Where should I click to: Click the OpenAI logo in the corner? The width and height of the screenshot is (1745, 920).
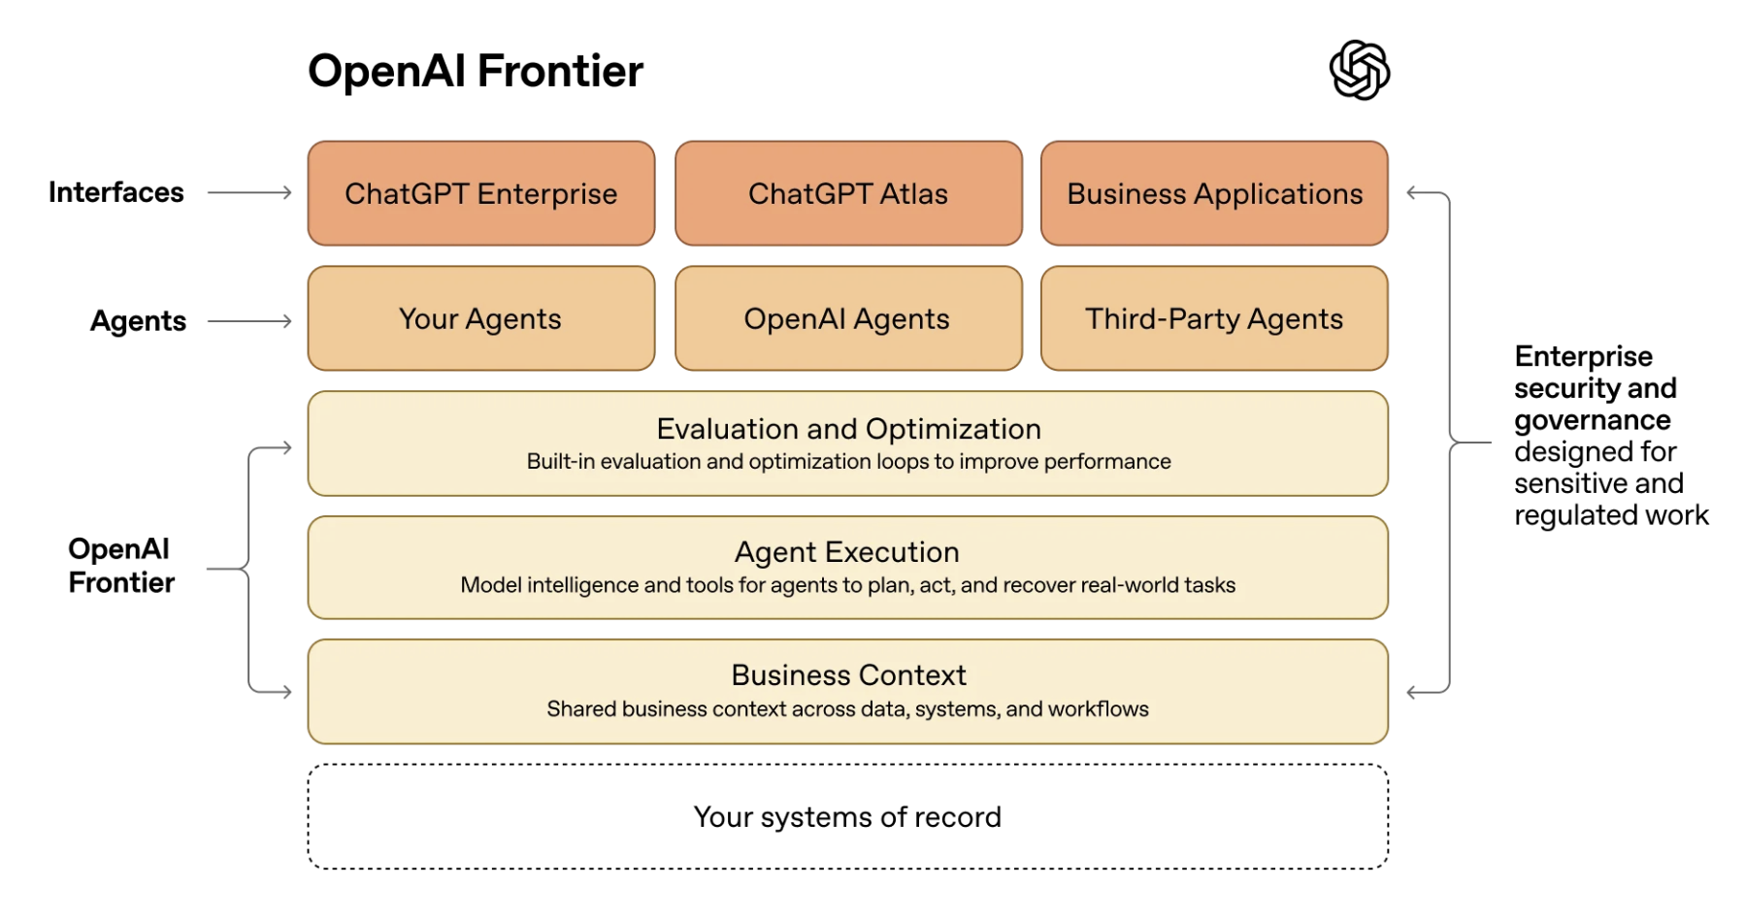(x=1359, y=70)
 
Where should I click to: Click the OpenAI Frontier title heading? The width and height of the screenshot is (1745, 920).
(x=476, y=71)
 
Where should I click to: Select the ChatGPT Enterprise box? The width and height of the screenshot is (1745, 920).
(x=481, y=193)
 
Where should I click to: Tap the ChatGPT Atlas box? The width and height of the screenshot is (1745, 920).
(x=848, y=193)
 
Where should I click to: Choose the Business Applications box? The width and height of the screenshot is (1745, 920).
(x=1214, y=193)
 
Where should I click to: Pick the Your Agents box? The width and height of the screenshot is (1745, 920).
(x=481, y=318)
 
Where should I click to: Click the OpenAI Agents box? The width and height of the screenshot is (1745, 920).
(x=848, y=318)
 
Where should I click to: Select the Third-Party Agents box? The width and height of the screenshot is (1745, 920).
(x=1214, y=318)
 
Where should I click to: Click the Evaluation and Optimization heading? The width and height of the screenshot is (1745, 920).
(x=848, y=429)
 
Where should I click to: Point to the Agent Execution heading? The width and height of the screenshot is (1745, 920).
(x=847, y=552)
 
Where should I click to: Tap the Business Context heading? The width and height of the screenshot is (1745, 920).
(x=848, y=675)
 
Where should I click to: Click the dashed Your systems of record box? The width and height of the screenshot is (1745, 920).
(x=847, y=817)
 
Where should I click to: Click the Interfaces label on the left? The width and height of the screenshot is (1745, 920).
(x=116, y=192)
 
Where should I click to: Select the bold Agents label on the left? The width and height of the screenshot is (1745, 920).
(x=138, y=321)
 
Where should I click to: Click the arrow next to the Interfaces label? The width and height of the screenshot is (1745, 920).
(x=250, y=193)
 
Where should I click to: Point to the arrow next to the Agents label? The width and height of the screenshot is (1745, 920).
(x=250, y=321)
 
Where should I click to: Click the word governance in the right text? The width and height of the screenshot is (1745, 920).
(x=1593, y=420)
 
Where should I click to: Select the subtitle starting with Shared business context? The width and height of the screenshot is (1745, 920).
(x=847, y=709)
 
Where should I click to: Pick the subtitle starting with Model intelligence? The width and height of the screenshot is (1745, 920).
(x=847, y=585)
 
